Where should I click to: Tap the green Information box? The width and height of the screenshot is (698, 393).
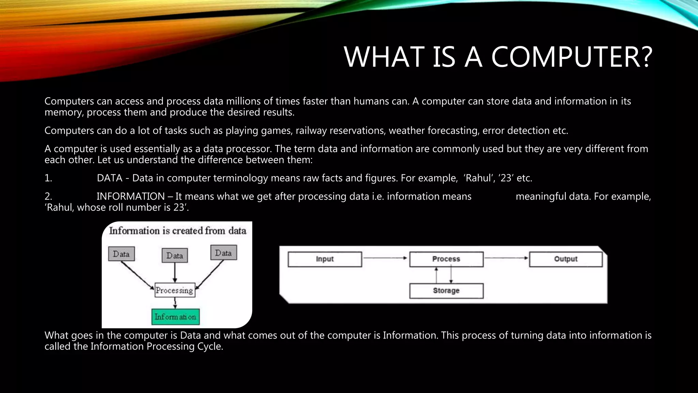(x=175, y=317)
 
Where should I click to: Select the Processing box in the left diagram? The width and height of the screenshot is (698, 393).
(x=174, y=290)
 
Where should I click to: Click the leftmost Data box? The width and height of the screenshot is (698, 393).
(x=121, y=254)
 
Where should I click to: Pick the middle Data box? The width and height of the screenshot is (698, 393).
(x=174, y=256)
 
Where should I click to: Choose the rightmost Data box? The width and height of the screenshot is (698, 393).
(x=223, y=253)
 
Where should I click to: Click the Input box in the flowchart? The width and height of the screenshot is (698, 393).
(x=324, y=259)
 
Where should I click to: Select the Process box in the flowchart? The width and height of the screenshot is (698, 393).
(x=446, y=259)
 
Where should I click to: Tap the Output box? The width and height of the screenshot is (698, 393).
(x=566, y=259)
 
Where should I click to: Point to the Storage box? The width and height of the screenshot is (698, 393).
(x=446, y=291)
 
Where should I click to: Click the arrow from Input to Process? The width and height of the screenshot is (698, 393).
(x=385, y=258)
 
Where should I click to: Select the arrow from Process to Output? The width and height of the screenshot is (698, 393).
(x=506, y=258)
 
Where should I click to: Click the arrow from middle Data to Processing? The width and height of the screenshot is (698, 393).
(x=175, y=272)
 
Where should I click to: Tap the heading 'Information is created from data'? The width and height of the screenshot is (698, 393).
(x=178, y=231)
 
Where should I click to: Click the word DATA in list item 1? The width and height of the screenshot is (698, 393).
(x=109, y=178)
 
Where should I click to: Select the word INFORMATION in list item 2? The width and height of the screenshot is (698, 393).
(x=131, y=196)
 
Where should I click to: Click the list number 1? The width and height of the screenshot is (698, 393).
(x=48, y=178)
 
